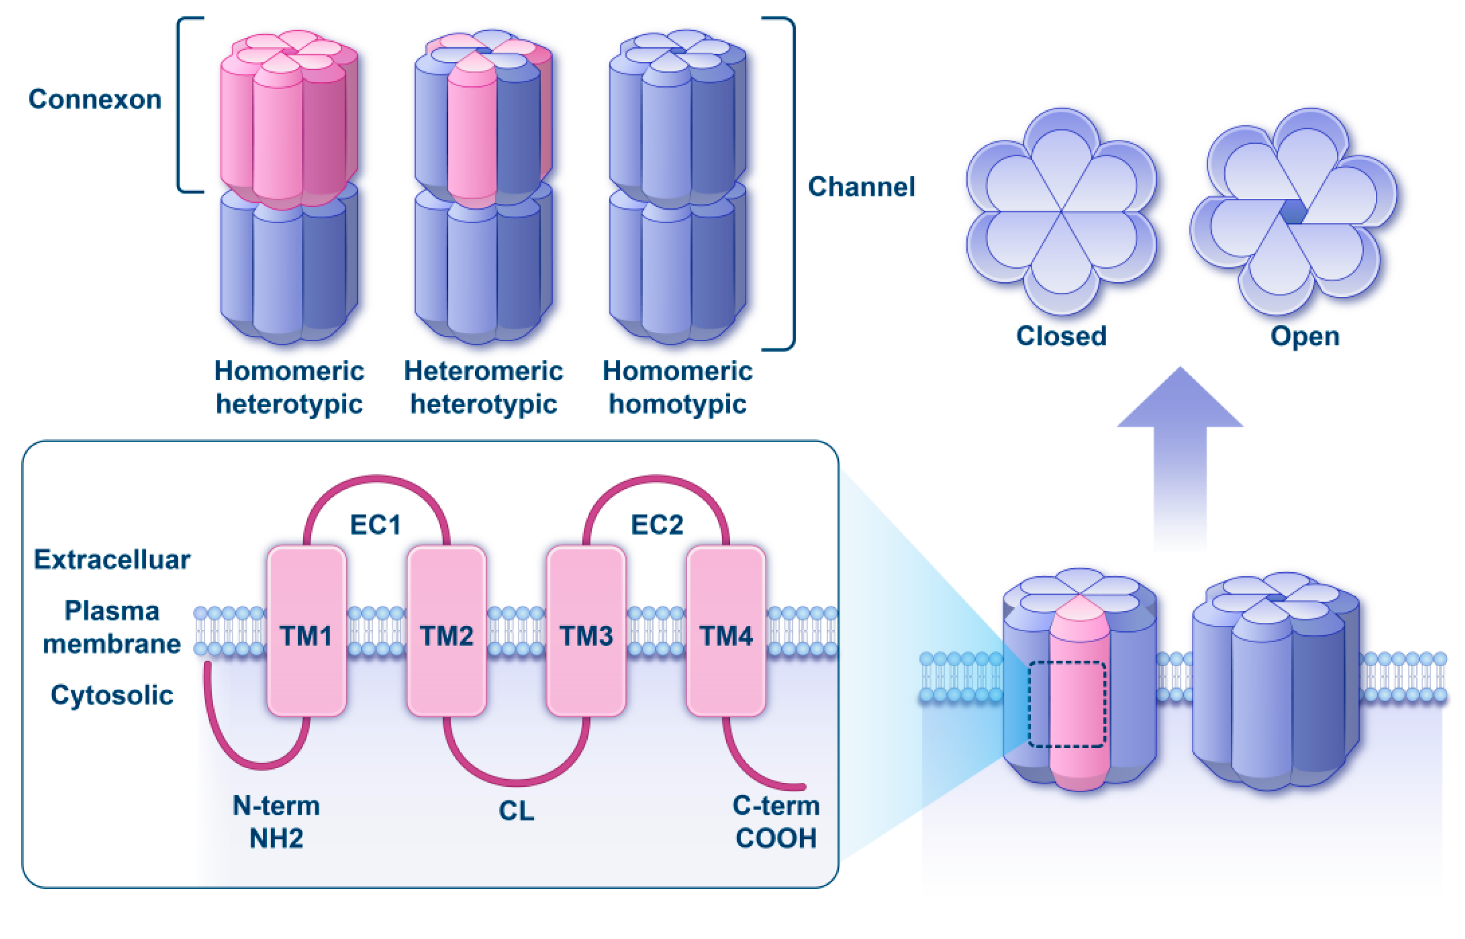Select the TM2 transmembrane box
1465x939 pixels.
click(446, 631)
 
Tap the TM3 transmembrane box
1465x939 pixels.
click(586, 631)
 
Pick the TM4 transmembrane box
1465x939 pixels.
click(725, 631)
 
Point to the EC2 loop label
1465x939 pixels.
click(656, 525)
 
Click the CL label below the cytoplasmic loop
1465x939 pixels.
click(516, 811)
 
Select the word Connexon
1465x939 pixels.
click(95, 99)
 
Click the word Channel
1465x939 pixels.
click(861, 187)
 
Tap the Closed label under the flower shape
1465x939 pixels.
click(1061, 336)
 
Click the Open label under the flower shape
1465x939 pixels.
click(1305, 336)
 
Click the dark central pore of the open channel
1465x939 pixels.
click(1292, 212)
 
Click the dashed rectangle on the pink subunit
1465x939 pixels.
click(1067, 704)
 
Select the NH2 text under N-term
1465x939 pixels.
click(276, 839)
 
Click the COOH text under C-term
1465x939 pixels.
click(776, 839)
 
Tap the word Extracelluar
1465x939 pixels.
click(112, 560)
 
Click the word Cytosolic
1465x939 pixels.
click(112, 695)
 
